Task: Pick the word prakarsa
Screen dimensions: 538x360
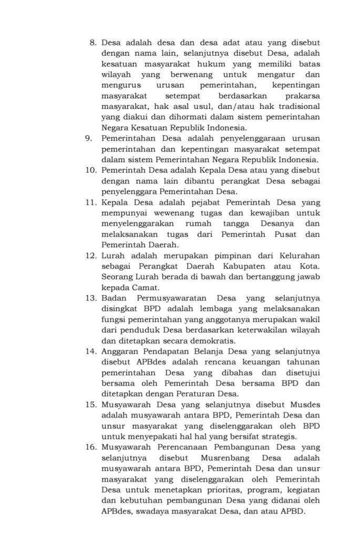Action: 302,96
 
